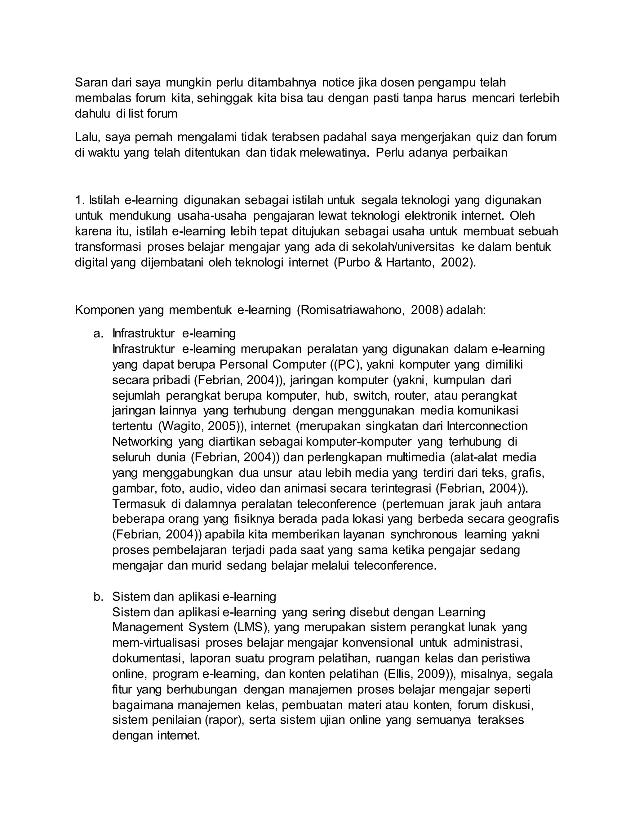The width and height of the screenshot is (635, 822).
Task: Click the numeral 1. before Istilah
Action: (x=79, y=200)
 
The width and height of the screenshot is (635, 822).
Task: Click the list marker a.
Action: (x=98, y=333)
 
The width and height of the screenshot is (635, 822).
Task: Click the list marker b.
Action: (x=98, y=596)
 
